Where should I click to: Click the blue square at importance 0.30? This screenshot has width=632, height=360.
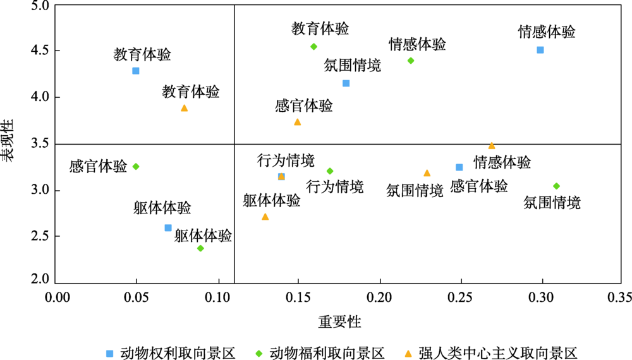540,50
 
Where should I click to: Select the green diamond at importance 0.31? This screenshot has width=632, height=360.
556,186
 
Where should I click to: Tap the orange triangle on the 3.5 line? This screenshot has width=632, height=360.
492,145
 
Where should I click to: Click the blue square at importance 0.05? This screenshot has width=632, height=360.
136,71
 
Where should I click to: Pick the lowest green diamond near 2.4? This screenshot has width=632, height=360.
200,248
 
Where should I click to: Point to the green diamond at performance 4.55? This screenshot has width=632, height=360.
313,46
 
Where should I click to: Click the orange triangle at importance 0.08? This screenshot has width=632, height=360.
184,108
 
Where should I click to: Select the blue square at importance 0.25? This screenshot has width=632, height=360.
459,167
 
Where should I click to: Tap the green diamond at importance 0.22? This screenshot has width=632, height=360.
411,61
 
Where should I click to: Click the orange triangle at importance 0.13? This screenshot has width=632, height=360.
265,217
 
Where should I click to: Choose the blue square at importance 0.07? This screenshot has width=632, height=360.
168,227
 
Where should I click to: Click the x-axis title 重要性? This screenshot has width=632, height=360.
340,321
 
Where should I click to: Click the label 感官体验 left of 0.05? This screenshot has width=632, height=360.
98,167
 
